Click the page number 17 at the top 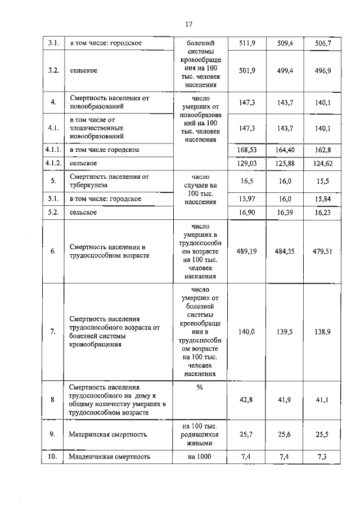tap(188, 24)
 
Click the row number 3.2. tap(53, 70)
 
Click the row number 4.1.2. tap(53, 163)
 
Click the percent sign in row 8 tap(200, 387)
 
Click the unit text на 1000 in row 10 tap(200, 457)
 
